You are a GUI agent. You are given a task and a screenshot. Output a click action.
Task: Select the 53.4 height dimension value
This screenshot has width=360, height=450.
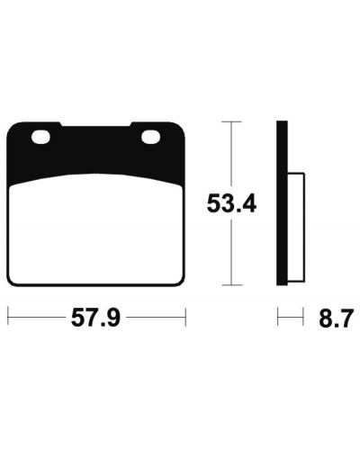pos(231,203)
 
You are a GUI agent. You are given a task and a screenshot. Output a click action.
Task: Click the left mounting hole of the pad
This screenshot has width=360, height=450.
pos(40,137)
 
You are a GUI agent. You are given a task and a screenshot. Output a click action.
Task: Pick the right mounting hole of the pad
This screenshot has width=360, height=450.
pos(150,137)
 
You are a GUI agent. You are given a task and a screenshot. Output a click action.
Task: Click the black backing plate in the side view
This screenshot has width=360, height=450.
pos(282,203)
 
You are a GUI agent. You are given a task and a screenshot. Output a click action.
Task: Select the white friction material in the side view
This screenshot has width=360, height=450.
pos(296,227)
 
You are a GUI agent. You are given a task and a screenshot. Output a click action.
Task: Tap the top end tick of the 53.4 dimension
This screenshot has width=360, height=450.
pos(231,121)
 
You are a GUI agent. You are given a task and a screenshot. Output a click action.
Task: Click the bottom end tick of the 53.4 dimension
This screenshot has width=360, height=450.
pos(231,284)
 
